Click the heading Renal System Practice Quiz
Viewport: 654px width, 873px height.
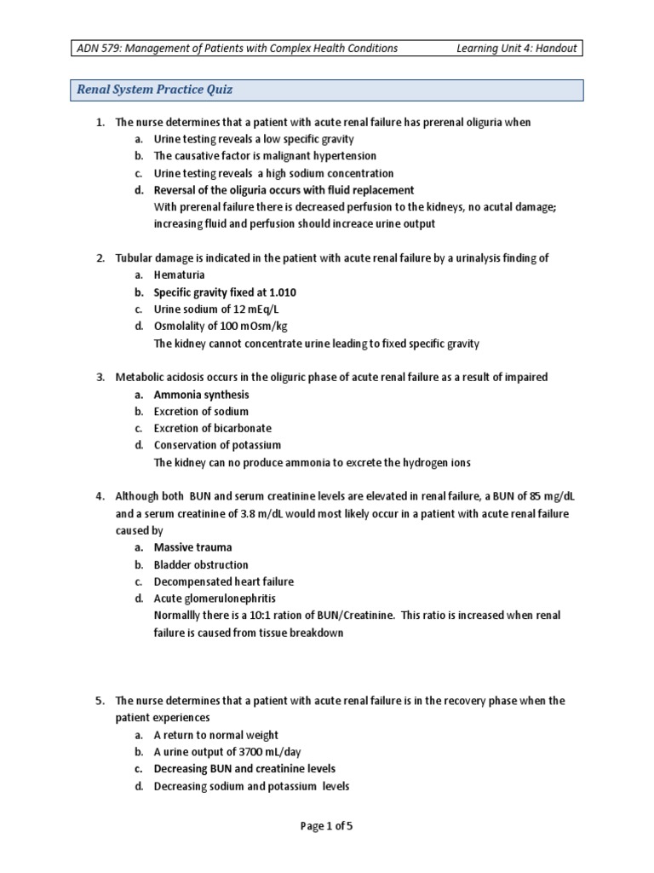click(154, 90)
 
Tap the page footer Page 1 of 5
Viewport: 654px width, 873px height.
click(326, 826)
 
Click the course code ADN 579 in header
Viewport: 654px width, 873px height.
click(100, 49)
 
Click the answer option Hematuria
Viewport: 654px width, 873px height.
click(179, 275)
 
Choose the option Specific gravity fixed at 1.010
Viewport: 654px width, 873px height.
click(225, 292)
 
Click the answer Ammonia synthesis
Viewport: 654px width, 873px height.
click(201, 395)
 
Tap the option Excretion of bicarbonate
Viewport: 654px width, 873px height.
click(212, 428)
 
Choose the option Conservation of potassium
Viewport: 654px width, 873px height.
click(217, 445)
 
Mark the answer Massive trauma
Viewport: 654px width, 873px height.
click(192, 547)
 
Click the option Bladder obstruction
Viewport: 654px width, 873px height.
click(201, 564)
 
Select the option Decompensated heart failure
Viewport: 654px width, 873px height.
click(223, 581)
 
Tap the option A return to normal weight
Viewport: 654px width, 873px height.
click(215, 735)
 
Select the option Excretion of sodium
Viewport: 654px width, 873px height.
click(201, 412)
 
